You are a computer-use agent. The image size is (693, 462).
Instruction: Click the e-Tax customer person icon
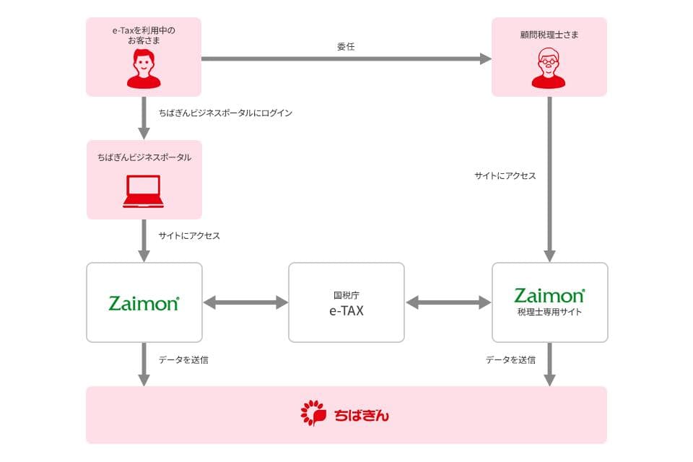point(144,69)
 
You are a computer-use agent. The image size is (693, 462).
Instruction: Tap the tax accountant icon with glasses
point(549,69)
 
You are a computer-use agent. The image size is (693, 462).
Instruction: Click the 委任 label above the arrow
point(346,46)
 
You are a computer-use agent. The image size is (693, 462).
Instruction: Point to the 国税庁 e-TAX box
point(346,302)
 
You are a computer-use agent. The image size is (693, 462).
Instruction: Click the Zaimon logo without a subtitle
point(144,302)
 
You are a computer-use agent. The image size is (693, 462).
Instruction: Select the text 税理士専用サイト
point(549,313)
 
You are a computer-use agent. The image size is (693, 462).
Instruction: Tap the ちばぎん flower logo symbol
point(314,414)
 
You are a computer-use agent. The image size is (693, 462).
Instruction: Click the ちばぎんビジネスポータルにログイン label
point(225,113)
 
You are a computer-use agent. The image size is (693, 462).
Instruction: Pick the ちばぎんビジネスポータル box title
point(144,157)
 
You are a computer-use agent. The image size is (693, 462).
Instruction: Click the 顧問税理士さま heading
point(549,34)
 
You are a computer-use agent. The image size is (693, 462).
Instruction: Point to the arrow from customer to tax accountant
point(346,59)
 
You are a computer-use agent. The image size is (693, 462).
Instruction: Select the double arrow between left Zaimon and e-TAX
point(245,302)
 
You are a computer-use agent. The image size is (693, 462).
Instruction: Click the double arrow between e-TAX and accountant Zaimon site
point(448,302)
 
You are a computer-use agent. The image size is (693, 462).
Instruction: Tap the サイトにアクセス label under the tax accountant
point(505,175)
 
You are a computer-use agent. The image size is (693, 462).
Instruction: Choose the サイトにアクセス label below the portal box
point(189,235)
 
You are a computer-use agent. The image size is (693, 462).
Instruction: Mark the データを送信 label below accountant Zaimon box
point(510,359)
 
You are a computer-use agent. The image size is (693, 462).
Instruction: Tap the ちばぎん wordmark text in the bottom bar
point(362,415)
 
